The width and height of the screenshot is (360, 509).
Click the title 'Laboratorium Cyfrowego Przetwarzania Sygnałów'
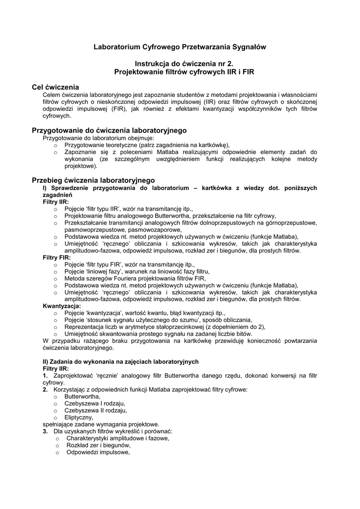coord(180,47)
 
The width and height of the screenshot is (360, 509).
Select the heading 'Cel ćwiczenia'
coord(55,87)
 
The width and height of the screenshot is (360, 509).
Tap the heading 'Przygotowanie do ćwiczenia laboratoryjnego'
coord(109,130)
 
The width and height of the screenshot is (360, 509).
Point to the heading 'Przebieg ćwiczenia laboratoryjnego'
coord(93,179)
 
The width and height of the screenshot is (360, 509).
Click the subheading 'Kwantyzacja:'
coord(62,307)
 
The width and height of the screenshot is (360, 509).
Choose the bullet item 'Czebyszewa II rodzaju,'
coord(95,411)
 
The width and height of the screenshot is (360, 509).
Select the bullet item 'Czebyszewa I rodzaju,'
coord(94,404)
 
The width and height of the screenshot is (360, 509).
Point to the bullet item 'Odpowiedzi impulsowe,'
coord(98,452)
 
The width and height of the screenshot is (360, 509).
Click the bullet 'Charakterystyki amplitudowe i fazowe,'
coord(117,438)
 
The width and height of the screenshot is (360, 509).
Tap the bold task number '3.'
coord(45,431)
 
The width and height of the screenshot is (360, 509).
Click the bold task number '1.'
coord(45,376)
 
